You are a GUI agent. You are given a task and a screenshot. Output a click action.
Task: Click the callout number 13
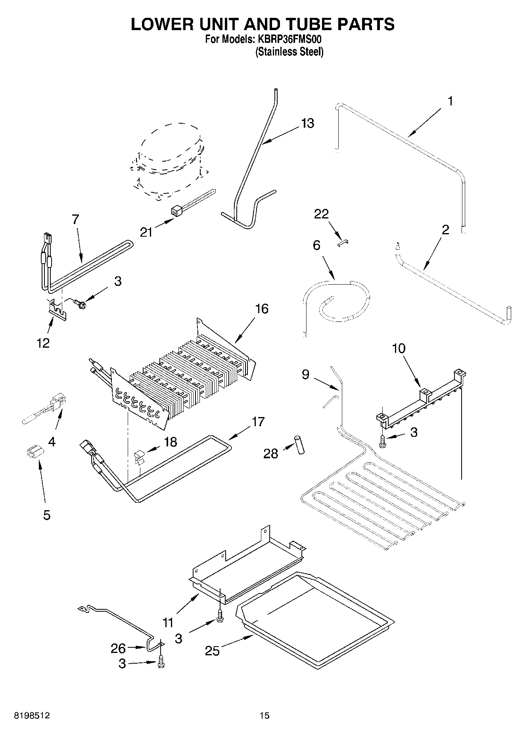[x=307, y=123]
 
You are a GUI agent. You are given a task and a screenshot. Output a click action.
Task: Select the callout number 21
[x=146, y=232]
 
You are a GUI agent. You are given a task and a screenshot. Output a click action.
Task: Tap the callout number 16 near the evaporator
[x=262, y=308]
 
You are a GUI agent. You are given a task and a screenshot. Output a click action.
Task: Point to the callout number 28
[x=271, y=454]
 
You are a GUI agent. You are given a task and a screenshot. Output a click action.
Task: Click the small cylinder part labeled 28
[x=299, y=445]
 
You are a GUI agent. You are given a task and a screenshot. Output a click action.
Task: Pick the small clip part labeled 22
[x=343, y=243]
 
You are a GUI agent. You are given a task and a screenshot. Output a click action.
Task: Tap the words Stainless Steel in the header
[x=289, y=52]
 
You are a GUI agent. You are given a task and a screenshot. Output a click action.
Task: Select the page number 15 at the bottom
[x=265, y=716]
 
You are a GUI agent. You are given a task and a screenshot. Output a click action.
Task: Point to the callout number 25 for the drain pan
[x=212, y=651]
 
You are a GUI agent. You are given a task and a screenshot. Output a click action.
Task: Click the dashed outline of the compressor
[x=169, y=159]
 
